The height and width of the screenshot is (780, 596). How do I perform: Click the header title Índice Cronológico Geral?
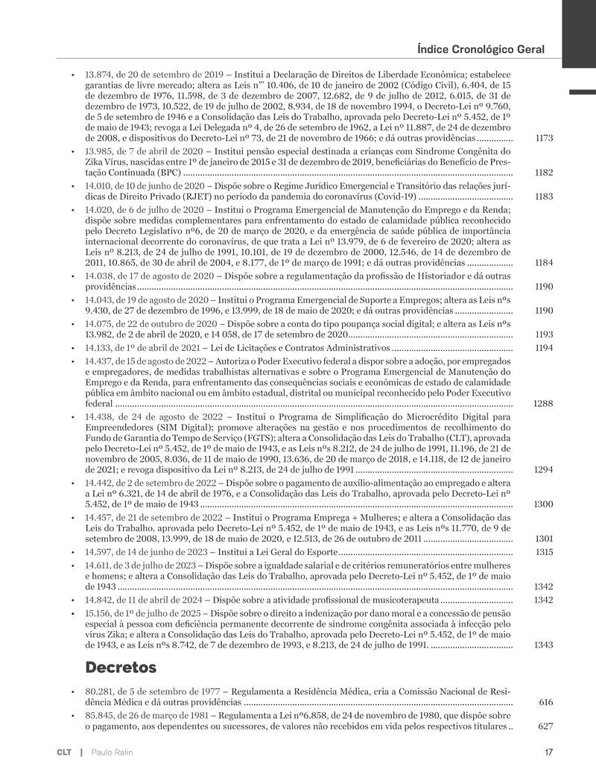click(x=481, y=49)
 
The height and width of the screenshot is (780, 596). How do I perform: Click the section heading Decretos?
click(x=121, y=665)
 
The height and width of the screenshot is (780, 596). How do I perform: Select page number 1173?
click(x=543, y=139)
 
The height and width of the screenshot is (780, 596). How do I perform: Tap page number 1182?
click(x=543, y=173)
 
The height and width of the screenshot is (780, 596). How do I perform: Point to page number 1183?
click(x=543, y=197)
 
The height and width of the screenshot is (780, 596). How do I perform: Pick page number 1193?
click(x=543, y=334)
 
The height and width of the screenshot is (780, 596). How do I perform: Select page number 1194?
click(x=543, y=348)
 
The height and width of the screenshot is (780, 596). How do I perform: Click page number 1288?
click(x=543, y=403)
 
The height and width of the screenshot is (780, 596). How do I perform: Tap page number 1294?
click(x=543, y=470)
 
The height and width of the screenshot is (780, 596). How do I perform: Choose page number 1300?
click(x=543, y=504)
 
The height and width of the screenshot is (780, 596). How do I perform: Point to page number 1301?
click(x=543, y=539)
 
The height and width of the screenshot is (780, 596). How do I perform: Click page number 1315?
click(x=543, y=551)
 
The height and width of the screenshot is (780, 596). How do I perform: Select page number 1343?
click(x=543, y=645)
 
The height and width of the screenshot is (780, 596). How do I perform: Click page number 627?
click(x=546, y=726)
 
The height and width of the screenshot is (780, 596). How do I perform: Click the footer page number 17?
click(x=548, y=752)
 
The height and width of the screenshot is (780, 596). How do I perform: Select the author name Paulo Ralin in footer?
click(x=112, y=752)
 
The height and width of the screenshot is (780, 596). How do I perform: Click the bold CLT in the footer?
click(x=64, y=752)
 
